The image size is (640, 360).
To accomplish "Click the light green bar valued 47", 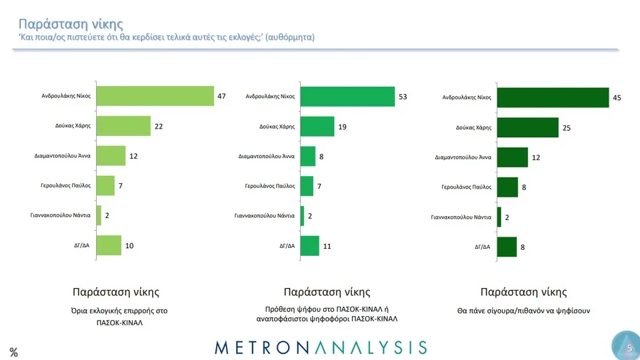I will [155, 96].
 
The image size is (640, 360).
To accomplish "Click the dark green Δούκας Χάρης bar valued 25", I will [527, 127].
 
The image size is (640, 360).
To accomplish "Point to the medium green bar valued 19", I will [317, 126].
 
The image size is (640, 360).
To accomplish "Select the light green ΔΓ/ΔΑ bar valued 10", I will [109, 245].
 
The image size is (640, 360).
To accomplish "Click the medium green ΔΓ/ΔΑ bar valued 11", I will [310, 245].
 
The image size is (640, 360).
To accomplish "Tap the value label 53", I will [403, 97].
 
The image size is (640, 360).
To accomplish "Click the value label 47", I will [222, 97].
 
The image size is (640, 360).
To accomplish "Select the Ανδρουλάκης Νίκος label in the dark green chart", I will [467, 97].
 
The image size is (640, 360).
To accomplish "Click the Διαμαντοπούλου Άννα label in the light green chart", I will [62, 156].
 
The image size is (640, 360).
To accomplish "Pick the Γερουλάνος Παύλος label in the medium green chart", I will [270, 186].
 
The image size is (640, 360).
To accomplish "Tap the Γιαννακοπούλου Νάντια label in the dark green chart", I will [461, 217].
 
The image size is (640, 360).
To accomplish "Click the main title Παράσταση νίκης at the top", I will [71, 24].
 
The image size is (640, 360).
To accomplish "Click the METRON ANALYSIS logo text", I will [321, 347].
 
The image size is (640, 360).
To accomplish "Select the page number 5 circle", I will [627, 347].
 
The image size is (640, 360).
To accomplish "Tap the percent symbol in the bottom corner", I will [13, 353].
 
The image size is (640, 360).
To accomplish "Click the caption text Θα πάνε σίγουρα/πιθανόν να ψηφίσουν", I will [523, 311].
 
